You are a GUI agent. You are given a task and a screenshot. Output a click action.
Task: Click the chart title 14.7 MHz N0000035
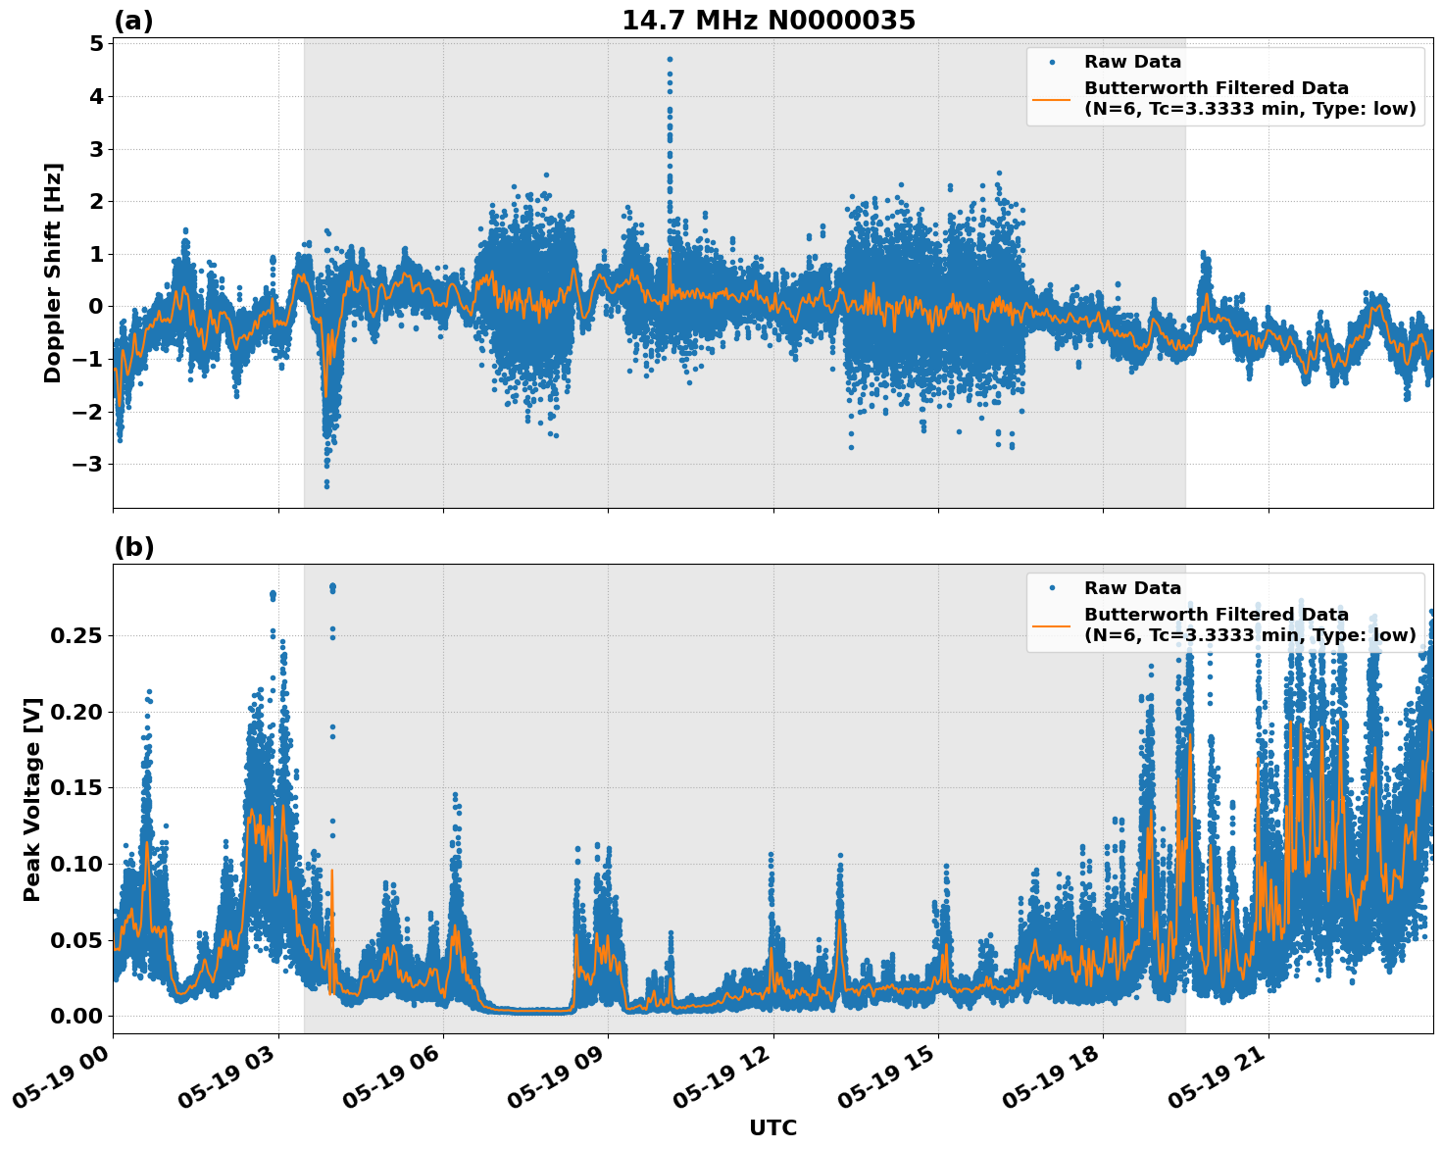coord(769,21)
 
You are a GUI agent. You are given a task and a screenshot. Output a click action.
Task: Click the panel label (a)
coord(133,21)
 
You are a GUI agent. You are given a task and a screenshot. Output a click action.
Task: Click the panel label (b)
coord(133,547)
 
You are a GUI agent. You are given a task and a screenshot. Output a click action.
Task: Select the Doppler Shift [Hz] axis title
coord(53,273)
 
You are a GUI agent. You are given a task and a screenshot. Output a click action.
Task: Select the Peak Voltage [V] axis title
coord(32,799)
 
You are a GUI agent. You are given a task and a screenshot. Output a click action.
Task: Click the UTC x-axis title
coord(772,1127)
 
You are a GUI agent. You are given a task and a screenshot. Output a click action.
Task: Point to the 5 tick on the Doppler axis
coord(96,44)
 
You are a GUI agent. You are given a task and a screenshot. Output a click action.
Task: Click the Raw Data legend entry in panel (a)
coord(1132,62)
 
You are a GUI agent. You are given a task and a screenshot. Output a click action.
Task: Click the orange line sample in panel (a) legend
coord(1051,98)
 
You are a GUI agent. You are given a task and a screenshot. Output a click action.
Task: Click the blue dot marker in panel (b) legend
coord(1052,588)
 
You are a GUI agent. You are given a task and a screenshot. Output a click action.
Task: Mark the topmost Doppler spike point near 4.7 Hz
coord(670,59)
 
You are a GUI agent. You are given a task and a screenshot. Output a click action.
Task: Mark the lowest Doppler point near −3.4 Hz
coord(326,485)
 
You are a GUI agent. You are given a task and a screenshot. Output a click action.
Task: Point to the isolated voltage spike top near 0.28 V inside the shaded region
coord(332,586)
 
